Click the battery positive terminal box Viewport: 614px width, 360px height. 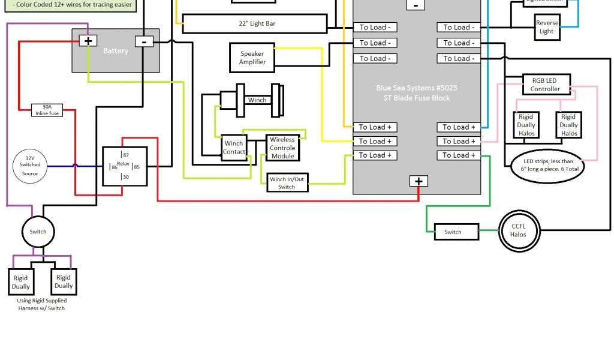[88, 41]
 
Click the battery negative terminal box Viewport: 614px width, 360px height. [144, 41]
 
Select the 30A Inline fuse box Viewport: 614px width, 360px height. [47, 110]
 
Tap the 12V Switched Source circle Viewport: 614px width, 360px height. [30, 164]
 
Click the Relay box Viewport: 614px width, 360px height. [124, 166]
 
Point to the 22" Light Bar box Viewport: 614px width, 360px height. [255, 24]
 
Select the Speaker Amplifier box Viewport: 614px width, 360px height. [252, 58]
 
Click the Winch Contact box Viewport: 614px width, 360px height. [234, 148]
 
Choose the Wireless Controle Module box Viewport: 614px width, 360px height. [282, 148]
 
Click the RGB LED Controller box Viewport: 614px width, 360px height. [544, 85]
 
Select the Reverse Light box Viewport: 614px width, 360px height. [546, 28]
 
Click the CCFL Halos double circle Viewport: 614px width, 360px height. [518, 230]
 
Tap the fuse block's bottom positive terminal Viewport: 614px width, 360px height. [418, 181]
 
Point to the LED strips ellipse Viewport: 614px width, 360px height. [548, 165]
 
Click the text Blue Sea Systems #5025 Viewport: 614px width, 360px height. [417, 88]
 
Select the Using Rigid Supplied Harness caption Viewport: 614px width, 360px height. [41, 304]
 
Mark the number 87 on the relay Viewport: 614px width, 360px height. [125, 155]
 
